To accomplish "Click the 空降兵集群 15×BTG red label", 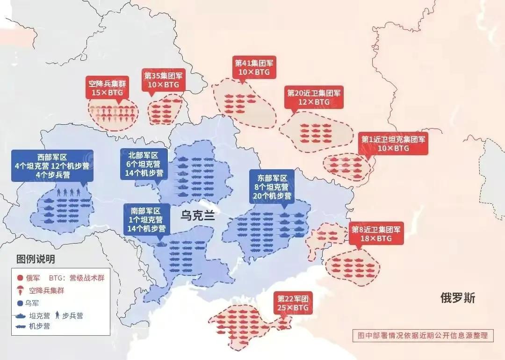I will point(108,88).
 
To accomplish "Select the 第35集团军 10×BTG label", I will point(164,79).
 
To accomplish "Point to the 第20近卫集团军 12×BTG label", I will point(314,97).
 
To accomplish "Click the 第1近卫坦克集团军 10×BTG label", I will point(393,144).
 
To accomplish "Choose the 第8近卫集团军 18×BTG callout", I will point(376,234).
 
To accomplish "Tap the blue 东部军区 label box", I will point(272,186).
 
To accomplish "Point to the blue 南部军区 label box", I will point(146,220).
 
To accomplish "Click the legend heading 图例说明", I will point(36,259).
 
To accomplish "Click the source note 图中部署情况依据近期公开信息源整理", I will point(423,335).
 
